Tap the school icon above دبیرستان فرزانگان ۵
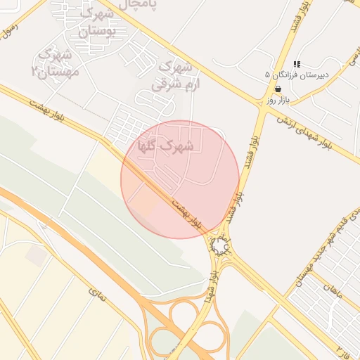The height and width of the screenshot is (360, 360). (x=296, y=64)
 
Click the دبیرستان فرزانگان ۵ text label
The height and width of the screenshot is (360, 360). (x=290, y=74)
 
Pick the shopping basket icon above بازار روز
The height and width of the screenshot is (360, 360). (x=278, y=89)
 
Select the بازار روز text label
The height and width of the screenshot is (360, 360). (x=278, y=100)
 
